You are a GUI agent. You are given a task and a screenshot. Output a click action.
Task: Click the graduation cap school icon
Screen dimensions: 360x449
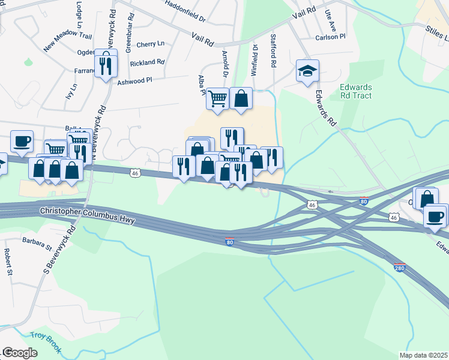pos(307,71)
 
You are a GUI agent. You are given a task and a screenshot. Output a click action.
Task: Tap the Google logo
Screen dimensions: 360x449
pos(20,353)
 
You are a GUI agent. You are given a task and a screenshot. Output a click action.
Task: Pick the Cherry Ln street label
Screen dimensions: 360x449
pos(150,44)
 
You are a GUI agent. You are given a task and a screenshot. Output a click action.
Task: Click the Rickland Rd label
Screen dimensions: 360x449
pos(147,62)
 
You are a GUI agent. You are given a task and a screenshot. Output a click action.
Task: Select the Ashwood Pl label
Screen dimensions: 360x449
pos(135,81)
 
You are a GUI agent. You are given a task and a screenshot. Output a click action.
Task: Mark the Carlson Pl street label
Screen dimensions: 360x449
pos(331,37)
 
